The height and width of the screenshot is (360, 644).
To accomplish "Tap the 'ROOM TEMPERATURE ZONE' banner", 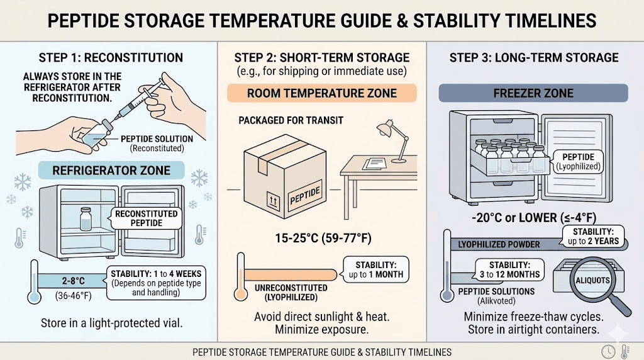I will (322, 93).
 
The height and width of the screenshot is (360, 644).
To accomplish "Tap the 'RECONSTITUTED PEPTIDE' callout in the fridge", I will (146, 218).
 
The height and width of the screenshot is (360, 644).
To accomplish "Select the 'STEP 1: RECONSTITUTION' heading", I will (110, 58).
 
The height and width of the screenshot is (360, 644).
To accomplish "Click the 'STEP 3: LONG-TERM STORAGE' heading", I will (534, 58).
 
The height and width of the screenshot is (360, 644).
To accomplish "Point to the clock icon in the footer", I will (608, 351).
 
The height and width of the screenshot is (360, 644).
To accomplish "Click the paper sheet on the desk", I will (375, 163).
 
